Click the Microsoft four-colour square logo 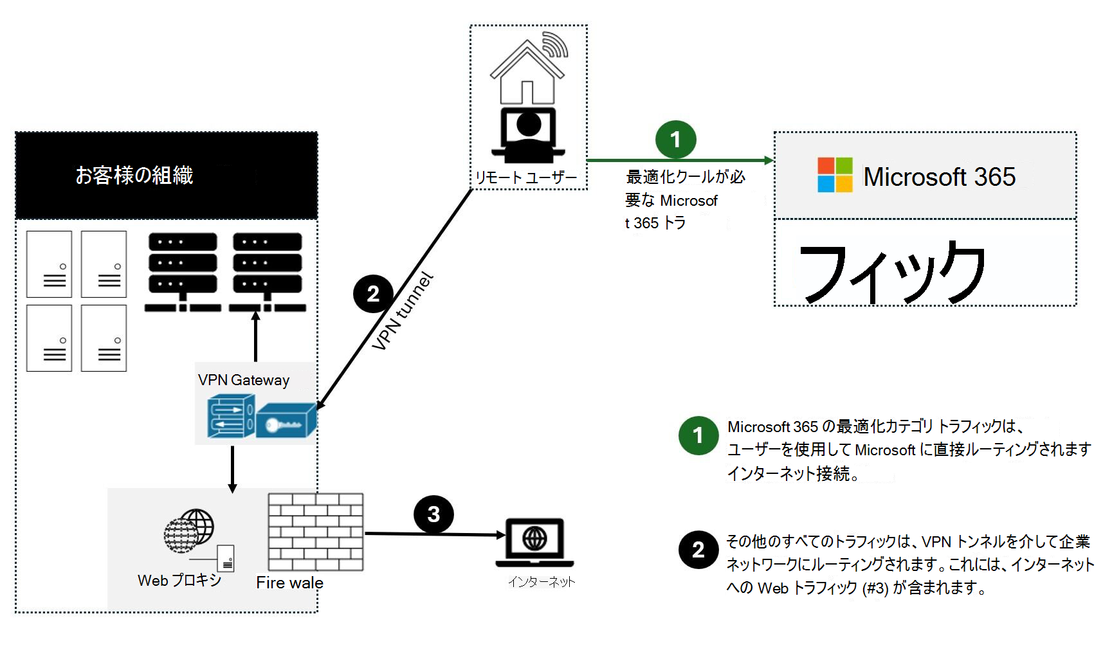click(835, 175)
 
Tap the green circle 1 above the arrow click(675, 140)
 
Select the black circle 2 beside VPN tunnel click(373, 294)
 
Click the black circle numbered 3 click(433, 514)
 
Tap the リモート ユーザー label click(526, 177)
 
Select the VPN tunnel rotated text click(403, 311)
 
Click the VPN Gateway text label click(243, 380)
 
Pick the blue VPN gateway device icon click(262, 418)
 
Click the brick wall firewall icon click(315, 532)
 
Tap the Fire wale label click(289, 583)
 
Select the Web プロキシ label click(179, 580)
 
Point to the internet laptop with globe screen click(534, 542)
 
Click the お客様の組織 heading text click(134, 175)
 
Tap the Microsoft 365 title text click(939, 177)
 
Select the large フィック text click(893, 273)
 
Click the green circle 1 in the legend click(698, 436)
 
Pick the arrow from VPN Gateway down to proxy click(232, 469)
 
